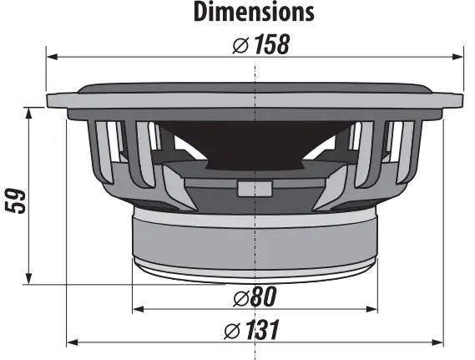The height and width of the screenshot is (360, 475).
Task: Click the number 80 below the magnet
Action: (x=262, y=297)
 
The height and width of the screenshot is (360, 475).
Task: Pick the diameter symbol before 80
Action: (x=239, y=297)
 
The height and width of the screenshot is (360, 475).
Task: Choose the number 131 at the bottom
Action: (x=261, y=331)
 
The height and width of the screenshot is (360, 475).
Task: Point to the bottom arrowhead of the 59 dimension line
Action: (x=29, y=279)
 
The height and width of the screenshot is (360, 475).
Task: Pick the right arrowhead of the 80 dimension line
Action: (x=371, y=308)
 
